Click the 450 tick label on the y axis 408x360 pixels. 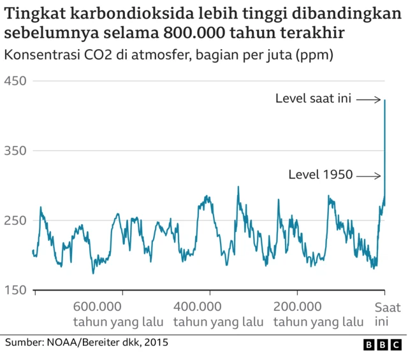15,81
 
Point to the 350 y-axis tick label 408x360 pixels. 15,151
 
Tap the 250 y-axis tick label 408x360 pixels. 15,220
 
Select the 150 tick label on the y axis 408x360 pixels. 15,291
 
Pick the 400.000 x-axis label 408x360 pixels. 198,306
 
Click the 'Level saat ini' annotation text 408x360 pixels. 313,99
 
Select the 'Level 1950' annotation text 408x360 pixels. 321,175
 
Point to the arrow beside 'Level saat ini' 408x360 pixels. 368,99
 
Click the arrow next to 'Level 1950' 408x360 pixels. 368,175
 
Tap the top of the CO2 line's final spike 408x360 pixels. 385,100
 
